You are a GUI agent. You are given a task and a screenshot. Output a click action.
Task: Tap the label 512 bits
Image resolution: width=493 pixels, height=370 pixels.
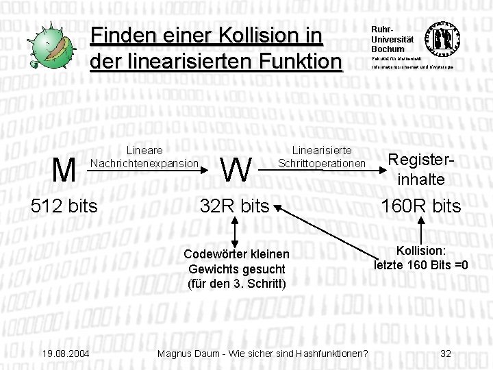(64, 206)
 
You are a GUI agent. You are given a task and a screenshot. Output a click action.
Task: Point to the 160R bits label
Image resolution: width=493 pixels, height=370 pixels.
(421, 206)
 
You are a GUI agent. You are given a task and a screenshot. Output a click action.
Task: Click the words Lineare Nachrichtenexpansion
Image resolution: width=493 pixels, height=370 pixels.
(144, 158)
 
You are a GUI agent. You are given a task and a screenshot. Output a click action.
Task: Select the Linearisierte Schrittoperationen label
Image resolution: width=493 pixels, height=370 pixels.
(322, 158)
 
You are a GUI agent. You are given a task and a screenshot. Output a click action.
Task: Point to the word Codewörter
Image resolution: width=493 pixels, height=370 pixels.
(210, 255)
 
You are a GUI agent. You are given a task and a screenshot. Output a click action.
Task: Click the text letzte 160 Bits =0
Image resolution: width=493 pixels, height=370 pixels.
(421, 264)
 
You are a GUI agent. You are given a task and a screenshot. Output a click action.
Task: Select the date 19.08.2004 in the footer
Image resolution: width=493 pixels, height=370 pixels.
(65, 354)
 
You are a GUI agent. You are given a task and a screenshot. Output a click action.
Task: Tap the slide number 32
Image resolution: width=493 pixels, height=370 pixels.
(446, 354)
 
